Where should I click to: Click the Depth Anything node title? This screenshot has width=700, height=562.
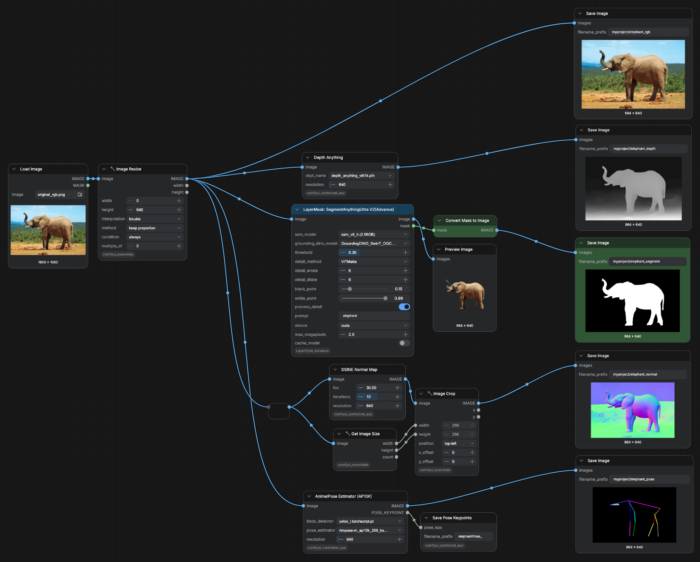click(x=328, y=157)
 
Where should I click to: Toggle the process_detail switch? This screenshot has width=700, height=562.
click(x=404, y=307)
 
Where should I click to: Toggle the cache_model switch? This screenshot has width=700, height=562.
click(x=404, y=343)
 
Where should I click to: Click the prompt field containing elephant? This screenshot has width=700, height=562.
click(x=374, y=316)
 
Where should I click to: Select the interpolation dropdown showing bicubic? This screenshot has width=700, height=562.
click(x=155, y=219)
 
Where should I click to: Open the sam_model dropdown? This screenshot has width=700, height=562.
click(x=374, y=234)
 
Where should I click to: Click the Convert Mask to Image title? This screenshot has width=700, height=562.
click(x=467, y=221)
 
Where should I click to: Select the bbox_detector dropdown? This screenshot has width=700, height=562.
click(x=370, y=521)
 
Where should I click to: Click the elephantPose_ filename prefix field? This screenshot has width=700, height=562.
click(x=474, y=536)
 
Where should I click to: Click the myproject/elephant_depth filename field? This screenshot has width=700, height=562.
click(x=648, y=149)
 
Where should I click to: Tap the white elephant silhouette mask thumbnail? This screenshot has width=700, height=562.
click(x=632, y=301)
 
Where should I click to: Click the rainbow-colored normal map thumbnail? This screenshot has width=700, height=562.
click(x=632, y=410)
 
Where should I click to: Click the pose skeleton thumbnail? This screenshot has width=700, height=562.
click(x=634, y=515)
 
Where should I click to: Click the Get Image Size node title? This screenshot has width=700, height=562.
click(x=365, y=434)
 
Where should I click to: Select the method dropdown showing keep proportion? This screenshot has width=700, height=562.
click(x=155, y=228)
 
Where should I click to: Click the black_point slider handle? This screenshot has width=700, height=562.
click(x=350, y=289)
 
